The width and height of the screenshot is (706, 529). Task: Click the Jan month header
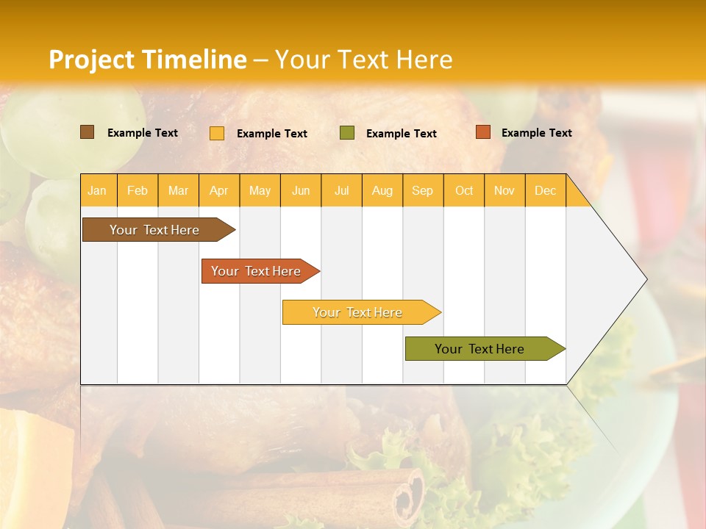pyautogui.click(x=98, y=190)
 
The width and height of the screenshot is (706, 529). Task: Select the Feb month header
pyautogui.click(x=138, y=190)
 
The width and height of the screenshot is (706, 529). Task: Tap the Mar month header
pyautogui.click(x=178, y=190)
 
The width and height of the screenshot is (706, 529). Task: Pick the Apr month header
pyautogui.click(x=219, y=190)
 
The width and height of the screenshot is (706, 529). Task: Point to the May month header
pyautogui.click(x=260, y=190)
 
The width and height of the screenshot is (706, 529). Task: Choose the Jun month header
pyautogui.click(x=301, y=190)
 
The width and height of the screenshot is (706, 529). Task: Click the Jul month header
pyautogui.click(x=341, y=190)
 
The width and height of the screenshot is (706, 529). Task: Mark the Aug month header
pyautogui.click(x=382, y=190)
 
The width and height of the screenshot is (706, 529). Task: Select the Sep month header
pyautogui.click(x=423, y=190)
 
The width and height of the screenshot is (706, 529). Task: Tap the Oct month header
pyautogui.click(x=464, y=190)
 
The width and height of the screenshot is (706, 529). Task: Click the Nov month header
pyautogui.click(x=504, y=190)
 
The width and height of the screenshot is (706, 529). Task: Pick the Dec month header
pyautogui.click(x=546, y=190)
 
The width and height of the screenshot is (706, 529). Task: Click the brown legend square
pyautogui.click(x=88, y=132)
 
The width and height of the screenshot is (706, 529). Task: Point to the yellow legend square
pyautogui.click(x=217, y=133)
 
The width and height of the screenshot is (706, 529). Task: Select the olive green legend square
pyautogui.click(x=347, y=132)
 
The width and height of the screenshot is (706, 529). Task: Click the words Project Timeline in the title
pyautogui.click(x=148, y=60)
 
